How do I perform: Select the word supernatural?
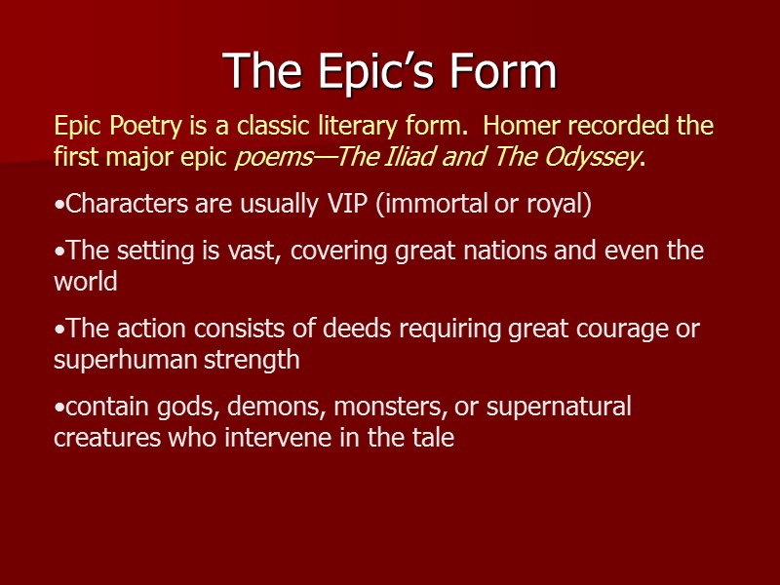(559, 407)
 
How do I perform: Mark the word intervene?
(286, 439)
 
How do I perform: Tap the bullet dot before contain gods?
(58, 408)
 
